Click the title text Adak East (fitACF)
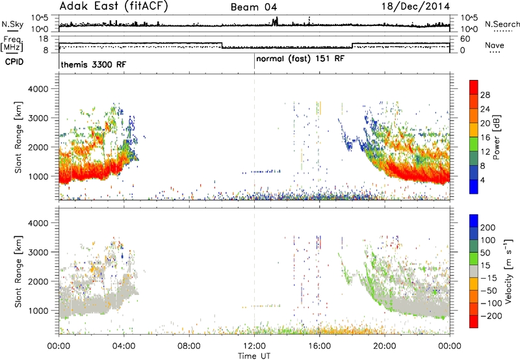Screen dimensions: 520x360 114,6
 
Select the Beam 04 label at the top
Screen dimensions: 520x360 253,7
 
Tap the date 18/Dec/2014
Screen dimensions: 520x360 415,6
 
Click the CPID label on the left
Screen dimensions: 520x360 14,62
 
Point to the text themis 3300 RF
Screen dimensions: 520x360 94,64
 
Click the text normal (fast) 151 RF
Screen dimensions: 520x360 300,59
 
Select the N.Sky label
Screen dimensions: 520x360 12,24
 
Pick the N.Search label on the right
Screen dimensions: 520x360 502,24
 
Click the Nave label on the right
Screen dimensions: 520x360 495,45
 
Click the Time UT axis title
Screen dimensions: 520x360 254,355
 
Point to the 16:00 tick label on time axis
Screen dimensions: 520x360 319,346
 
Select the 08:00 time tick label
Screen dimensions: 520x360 189,346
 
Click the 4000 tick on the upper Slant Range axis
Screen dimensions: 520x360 38,89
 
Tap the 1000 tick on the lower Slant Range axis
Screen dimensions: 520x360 38,311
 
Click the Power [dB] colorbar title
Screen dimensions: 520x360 497,137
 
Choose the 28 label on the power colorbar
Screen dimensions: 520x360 485,95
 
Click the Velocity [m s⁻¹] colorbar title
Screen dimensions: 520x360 508,271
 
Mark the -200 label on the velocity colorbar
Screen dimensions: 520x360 489,316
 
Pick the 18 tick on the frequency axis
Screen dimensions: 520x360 44,39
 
